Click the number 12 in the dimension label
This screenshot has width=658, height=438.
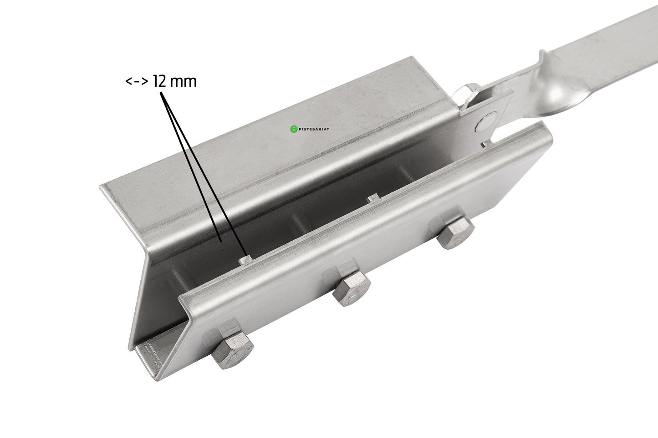pyautogui.click(x=159, y=81)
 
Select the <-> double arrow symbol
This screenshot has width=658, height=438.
pyautogui.click(x=137, y=81)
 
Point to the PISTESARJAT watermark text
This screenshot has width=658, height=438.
pyautogui.click(x=314, y=129)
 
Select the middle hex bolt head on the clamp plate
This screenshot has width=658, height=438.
pyautogui.click(x=352, y=288)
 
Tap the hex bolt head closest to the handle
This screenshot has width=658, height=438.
pyautogui.click(x=455, y=232)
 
